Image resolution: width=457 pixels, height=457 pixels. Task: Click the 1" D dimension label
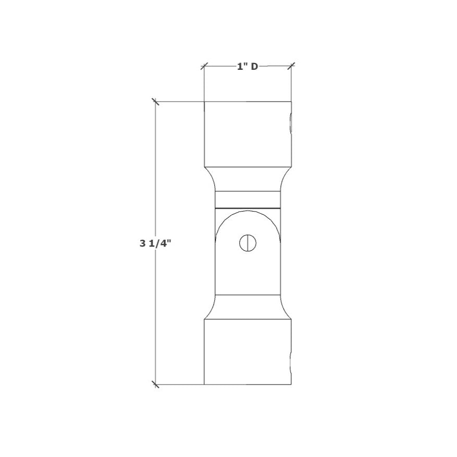(x=248, y=66)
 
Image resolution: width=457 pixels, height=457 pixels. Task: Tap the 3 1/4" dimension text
(x=155, y=243)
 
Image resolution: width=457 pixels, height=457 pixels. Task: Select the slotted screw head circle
(x=248, y=243)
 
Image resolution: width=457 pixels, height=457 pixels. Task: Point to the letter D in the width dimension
(x=255, y=66)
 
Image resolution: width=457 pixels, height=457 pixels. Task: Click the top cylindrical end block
(x=247, y=133)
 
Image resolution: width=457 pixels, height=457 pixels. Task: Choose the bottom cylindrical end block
(x=247, y=352)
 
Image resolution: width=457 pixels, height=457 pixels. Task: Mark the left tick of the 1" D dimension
(x=204, y=66)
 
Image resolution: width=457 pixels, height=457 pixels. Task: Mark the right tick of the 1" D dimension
(x=291, y=66)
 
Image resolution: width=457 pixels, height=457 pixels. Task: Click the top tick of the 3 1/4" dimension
(x=155, y=101)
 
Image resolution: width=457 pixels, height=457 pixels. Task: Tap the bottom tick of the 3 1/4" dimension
(x=155, y=385)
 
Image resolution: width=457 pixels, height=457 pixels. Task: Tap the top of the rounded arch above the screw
(x=248, y=213)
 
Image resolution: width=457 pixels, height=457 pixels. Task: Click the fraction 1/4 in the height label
(x=161, y=243)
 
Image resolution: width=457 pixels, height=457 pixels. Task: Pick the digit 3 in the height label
(x=142, y=243)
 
